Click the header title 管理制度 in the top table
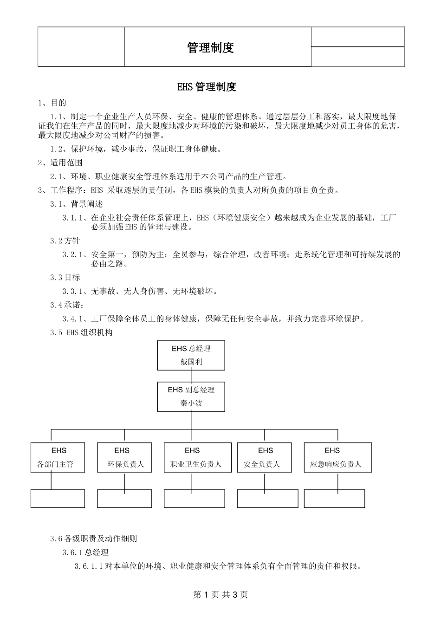210,47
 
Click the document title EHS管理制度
207,87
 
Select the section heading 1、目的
52,103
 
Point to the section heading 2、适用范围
60,162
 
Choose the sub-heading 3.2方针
65,240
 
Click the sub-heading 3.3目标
65,277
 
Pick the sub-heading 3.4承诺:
67,305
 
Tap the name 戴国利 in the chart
191,362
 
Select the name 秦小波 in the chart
191,403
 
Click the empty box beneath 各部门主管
58,498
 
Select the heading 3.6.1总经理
85,552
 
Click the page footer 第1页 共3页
220,595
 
